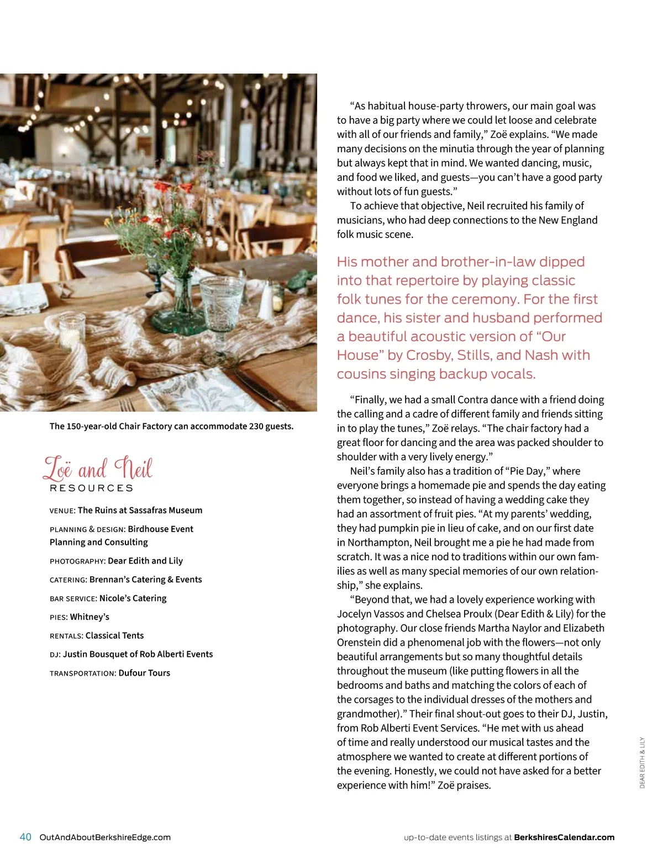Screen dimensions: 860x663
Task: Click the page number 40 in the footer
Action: (x=25, y=837)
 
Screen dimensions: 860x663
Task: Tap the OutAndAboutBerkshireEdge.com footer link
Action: (x=105, y=837)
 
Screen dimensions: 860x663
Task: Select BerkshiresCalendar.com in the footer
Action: (x=564, y=837)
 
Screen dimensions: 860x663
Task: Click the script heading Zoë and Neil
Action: (x=98, y=469)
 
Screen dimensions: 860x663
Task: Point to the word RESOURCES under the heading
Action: (x=92, y=488)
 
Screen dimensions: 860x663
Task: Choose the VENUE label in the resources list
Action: (x=62, y=511)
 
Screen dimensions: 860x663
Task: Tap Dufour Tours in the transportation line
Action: (x=144, y=673)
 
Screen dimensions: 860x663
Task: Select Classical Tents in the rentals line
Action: (x=114, y=635)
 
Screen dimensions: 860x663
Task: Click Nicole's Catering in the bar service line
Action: (x=133, y=598)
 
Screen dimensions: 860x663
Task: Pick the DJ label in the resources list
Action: (x=55, y=655)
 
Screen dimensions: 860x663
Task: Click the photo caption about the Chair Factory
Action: (x=171, y=426)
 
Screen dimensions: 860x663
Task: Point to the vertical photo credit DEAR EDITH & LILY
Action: (x=642, y=762)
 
